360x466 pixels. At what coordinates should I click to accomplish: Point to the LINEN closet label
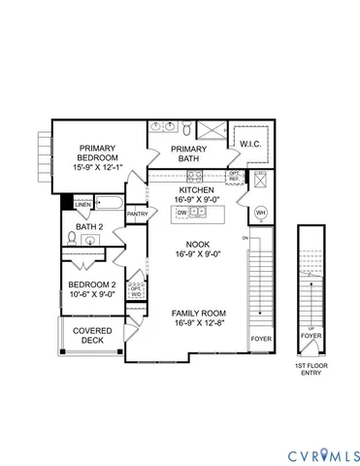point(83,205)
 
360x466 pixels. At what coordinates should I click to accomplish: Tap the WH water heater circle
point(260,212)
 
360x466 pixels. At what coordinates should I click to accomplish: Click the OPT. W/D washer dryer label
point(136,289)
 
